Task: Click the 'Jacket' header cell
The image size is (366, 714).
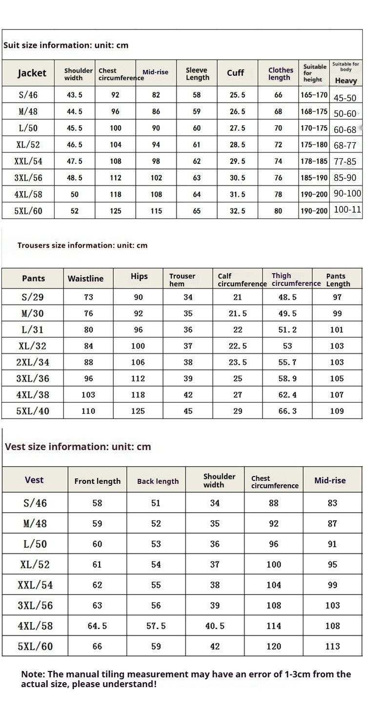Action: (32, 73)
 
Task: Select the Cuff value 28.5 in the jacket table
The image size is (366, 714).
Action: (237, 145)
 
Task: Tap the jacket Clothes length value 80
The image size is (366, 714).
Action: (278, 211)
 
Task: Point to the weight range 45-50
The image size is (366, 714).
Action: (345, 98)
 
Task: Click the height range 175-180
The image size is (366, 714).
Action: (314, 145)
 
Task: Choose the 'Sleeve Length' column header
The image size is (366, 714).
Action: (197, 74)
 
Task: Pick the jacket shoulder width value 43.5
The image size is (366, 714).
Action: (74, 95)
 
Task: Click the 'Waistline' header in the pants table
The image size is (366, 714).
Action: (85, 279)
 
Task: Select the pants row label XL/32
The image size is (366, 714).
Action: (33, 346)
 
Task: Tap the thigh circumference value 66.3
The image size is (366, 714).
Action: (287, 411)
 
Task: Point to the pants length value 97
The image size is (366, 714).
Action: (337, 297)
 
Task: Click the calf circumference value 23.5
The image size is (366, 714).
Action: (238, 362)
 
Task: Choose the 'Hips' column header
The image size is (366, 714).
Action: (139, 277)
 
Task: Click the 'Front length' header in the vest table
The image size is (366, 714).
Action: (97, 481)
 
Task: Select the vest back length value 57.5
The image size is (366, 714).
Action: (156, 626)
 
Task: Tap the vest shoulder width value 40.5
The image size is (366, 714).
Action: (215, 626)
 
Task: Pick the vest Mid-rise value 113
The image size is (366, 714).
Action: (332, 646)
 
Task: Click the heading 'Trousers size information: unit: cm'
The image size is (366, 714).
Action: (82, 245)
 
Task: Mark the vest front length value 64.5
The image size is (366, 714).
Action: (97, 626)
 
